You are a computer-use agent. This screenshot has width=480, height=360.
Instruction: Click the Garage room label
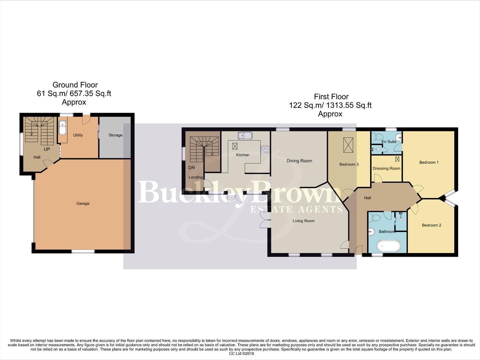83,203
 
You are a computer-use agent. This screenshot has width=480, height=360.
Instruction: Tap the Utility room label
78,135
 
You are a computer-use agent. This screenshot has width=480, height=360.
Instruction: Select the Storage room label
115,135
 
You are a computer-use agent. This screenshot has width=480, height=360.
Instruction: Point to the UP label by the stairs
47,149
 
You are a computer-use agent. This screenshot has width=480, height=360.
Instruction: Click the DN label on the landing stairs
192,168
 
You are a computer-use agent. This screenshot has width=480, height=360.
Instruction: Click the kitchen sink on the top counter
245,135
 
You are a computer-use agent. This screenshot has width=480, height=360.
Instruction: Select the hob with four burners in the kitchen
265,150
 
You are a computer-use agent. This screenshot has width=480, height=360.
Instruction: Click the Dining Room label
299,161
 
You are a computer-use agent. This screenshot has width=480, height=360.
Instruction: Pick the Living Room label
303,221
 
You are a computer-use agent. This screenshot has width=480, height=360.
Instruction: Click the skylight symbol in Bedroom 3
348,145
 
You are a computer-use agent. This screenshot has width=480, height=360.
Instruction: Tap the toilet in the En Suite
378,137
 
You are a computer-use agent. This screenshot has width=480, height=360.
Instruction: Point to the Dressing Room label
386,168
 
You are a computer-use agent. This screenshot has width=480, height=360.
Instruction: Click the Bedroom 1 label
429,162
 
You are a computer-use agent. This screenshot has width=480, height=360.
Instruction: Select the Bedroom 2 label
431,225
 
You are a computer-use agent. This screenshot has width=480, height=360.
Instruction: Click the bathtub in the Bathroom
387,246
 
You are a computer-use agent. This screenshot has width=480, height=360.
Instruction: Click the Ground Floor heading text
75,85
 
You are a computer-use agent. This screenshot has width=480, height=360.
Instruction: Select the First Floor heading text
331,97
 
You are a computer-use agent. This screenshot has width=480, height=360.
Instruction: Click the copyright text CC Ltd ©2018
241,354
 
